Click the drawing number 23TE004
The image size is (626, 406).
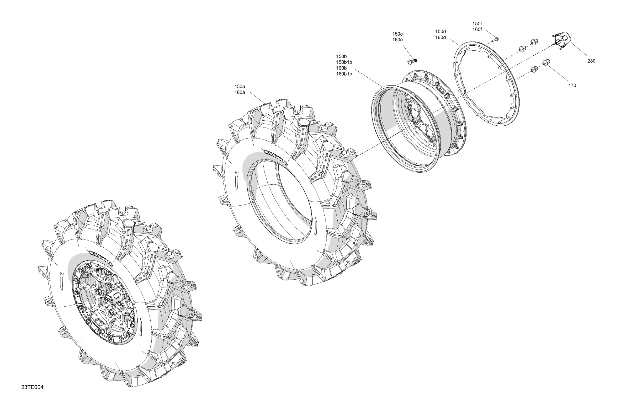[x=32, y=387]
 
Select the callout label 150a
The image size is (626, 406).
[x=240, y=86]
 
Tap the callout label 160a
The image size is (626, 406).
[x=240, y=92]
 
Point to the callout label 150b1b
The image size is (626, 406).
[x=344, y=62]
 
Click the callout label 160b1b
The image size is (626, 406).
[x=344, y=74]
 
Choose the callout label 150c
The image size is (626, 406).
[x=398, y=34]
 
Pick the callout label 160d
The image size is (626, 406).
[x=440, y=37]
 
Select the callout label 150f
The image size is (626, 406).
[x=477, y=23]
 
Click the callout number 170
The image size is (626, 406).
[x=572, y=85]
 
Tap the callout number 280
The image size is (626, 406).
[x=591, y=61]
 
